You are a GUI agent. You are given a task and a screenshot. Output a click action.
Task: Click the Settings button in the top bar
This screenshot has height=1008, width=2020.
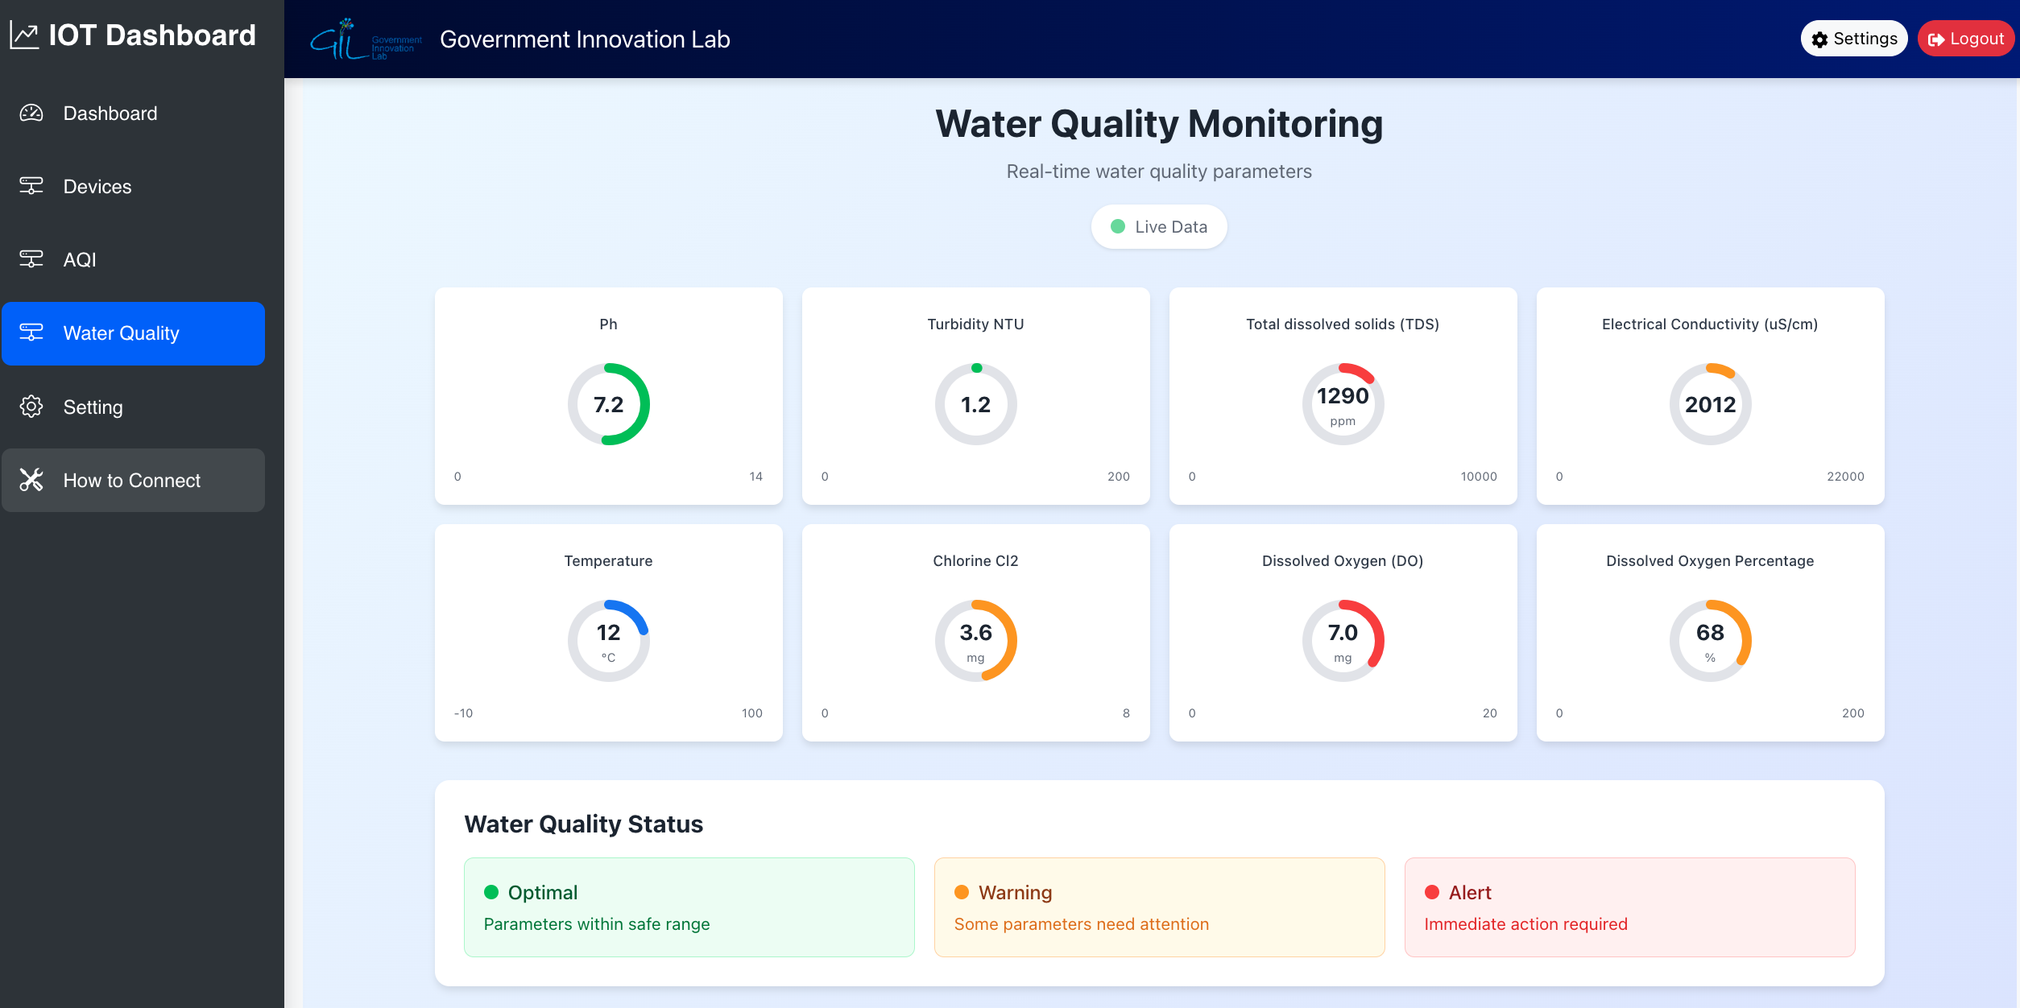(x=1853, y=39)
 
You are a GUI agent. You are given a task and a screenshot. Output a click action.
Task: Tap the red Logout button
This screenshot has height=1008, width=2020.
(x=1965, y=39)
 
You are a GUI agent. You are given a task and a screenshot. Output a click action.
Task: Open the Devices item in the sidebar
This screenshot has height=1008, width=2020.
(x=97, y=187)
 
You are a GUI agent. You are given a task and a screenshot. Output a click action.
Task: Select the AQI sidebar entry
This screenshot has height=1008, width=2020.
(x=80, y=260)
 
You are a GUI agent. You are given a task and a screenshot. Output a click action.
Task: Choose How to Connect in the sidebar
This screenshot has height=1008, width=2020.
(x=132, y=481)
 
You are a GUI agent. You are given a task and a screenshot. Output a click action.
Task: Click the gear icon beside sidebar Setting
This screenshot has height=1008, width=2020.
(x=31, y=407)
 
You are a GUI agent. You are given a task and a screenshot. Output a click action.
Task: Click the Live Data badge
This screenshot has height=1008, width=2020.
(x=1158, y=227)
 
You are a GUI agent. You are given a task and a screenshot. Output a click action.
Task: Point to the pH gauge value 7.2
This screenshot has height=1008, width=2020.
(x=608, y=404)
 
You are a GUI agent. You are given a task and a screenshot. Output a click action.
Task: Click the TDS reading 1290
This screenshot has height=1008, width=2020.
(x=1343, y=396)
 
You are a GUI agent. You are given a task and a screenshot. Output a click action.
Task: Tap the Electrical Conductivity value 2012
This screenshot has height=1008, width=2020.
(x=1710, y=404)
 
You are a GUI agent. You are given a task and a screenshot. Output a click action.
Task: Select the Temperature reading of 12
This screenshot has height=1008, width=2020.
(x=608, y=633)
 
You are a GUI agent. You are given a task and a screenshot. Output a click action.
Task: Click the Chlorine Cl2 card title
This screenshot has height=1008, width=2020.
(x=975, y=561)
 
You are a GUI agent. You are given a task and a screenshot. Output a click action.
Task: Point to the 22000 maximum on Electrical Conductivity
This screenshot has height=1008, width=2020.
(x=1845, y=477)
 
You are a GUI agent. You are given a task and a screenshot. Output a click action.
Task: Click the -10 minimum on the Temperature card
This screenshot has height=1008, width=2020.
(x=463, y=713)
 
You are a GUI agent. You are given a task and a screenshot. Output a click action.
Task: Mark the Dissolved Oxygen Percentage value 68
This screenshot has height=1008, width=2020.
(x=1710, y=633)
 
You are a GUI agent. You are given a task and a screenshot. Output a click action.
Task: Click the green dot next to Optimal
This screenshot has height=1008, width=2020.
(x=491, y=892)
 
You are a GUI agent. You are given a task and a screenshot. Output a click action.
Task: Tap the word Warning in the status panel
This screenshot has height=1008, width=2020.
(x=1015, y=893)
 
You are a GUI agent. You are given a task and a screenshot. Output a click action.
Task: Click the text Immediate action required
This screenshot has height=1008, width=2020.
(x=1525, y=924)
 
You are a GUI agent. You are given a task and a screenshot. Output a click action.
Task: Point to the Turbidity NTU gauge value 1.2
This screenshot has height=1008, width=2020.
(x=975, y=404)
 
